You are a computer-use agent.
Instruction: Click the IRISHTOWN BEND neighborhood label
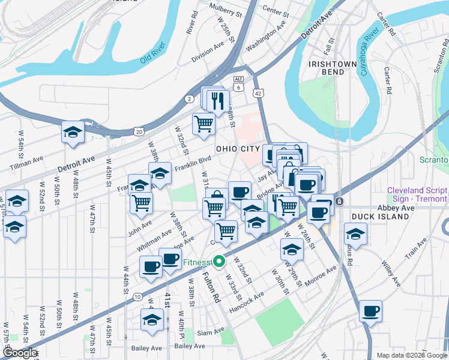tap(326, 67)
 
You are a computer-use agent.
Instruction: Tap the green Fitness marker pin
tap(220, 262)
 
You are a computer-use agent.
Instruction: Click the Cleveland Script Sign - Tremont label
tap(417, 194)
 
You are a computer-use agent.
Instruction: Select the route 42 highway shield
tap(258, 93)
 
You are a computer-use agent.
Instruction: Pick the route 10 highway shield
tap(137, 297)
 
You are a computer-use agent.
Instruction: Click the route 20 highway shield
tap(139, 131)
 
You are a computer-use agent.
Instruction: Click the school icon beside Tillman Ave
tap(73, 133)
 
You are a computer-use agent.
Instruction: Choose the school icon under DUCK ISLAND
tap(355, 235)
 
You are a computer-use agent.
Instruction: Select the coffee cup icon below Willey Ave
tap(371, 311)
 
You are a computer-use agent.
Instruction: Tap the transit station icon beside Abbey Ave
tap(339, 201)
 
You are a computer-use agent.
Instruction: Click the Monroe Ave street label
tap(321, 275)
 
